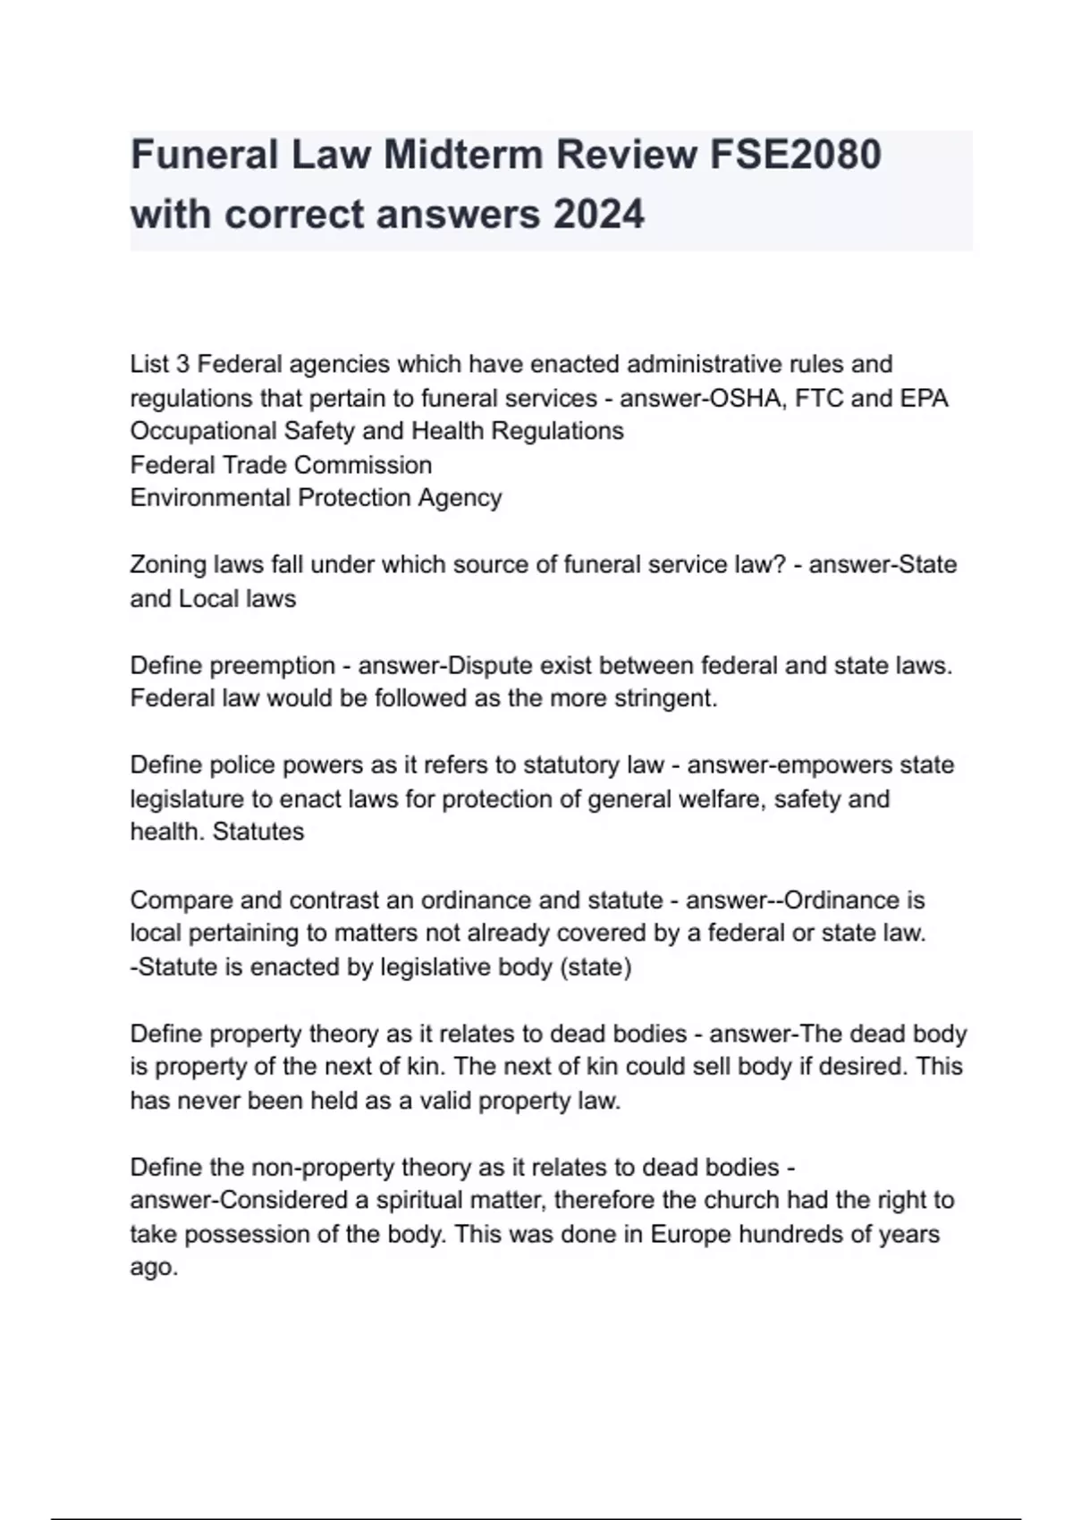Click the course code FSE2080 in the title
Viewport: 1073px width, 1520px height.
(x=796, y=155)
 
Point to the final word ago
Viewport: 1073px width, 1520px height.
(x=153, y=1268)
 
